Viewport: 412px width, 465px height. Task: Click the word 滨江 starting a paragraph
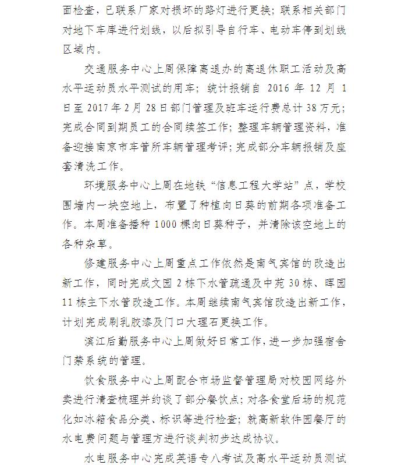point(95,340)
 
